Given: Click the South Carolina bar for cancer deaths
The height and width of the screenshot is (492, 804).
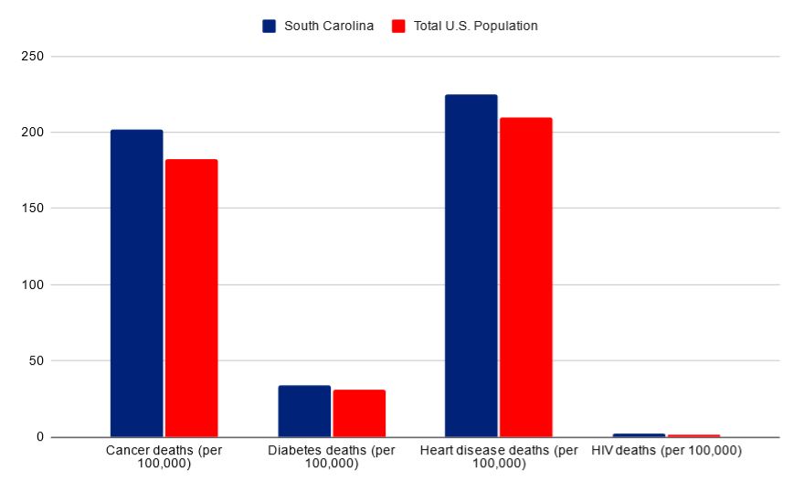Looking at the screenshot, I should [136, 283].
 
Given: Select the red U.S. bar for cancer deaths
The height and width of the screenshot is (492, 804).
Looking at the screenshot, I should [191, 298].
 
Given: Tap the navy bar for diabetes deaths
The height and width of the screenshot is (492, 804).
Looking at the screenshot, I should [304, 412].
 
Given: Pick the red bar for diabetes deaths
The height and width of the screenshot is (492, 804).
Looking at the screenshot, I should [359, 413].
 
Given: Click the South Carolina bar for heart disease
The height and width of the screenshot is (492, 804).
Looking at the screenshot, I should [471, 265].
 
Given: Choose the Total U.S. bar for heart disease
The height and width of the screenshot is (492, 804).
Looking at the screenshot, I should [525, 277].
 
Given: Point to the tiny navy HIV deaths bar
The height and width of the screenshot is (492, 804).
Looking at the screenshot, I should [639, 435].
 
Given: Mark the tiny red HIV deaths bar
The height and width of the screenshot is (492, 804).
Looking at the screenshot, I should [693, 435].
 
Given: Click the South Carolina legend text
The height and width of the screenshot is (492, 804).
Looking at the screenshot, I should [328, 26].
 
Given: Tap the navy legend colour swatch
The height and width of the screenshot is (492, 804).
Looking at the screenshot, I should [270, 26].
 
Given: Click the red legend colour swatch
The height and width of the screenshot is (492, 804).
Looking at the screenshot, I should [398, 26].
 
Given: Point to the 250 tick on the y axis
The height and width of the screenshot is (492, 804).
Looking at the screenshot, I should [34, 57].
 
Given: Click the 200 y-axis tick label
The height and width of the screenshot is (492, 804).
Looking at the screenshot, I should [34, 133].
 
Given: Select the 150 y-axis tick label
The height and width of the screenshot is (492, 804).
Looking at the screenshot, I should [34, 209].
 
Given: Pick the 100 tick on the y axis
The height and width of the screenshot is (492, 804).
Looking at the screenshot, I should [34, 284].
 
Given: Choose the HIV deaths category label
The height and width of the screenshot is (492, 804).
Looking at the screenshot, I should [666, 451].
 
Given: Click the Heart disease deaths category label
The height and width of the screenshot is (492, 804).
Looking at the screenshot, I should [499, 457].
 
